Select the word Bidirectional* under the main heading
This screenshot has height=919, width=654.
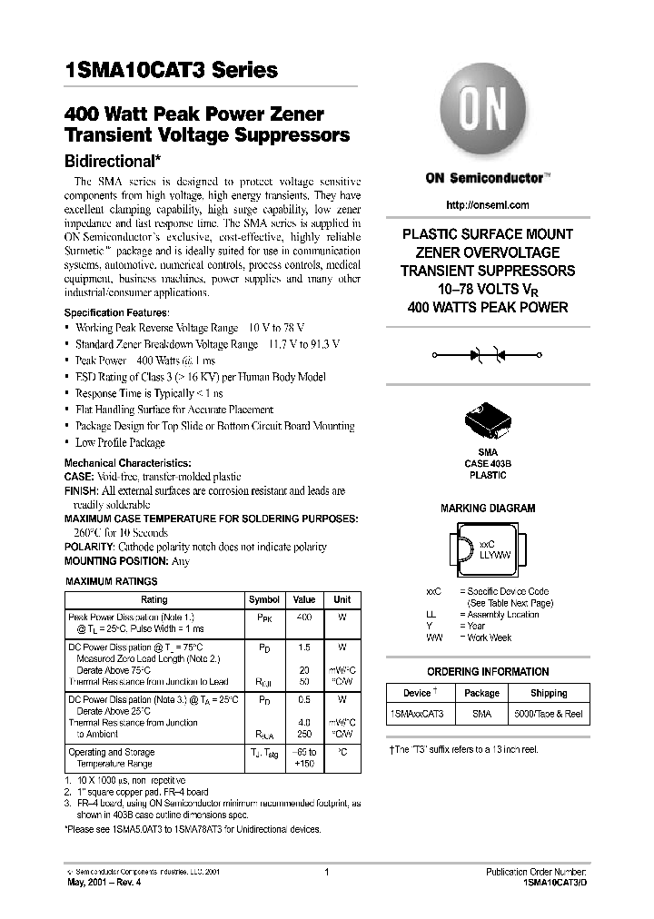[114, 158]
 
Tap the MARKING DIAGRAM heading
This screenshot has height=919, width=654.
[488, 509]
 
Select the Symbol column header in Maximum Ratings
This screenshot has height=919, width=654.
[264, 600]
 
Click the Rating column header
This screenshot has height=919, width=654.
[154, 600]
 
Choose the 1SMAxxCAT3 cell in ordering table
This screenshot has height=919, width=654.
[417, 715]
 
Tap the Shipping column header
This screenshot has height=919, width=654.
[549, 693]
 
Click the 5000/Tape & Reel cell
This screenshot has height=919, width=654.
[549, 715]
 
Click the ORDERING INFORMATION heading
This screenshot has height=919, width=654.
[488, 672]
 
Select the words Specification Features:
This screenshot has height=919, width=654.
[116, 312]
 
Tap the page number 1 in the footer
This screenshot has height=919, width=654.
[325, 872]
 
